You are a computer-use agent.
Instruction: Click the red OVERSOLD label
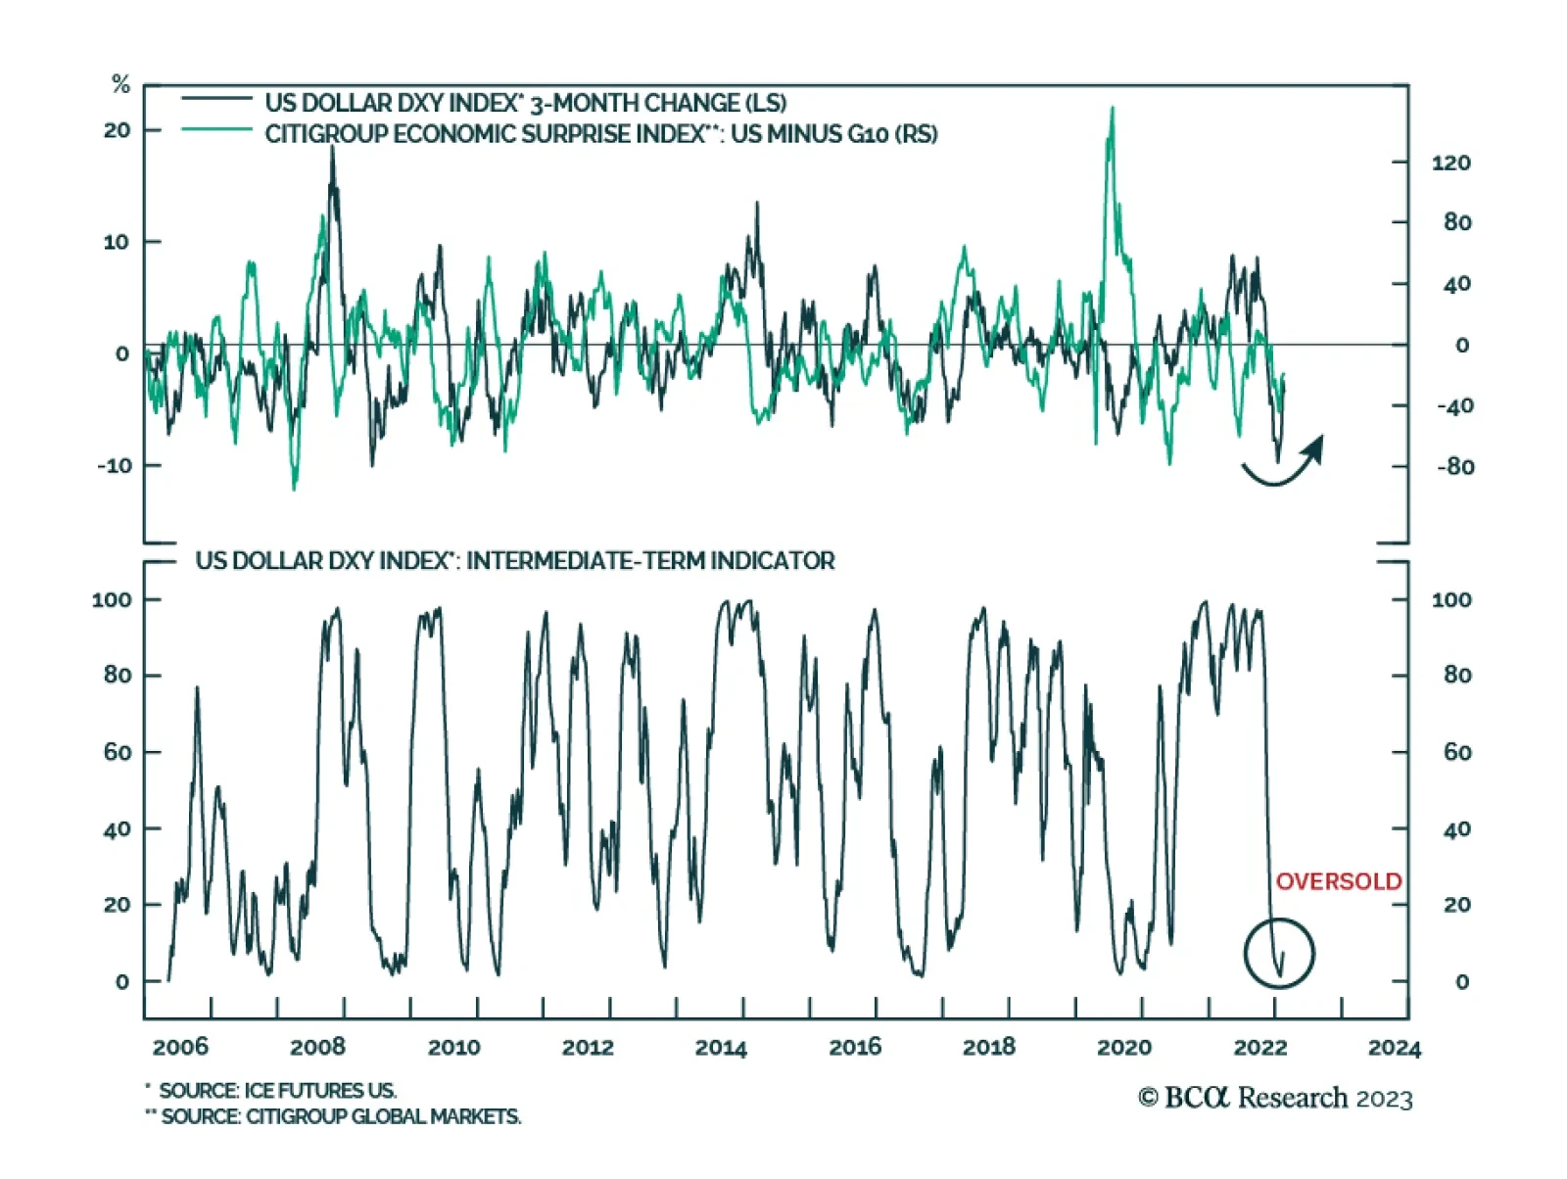click(x=1338, y=881)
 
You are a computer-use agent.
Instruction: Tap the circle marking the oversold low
click(x=1279, y=953)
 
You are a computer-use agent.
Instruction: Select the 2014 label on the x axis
click(x=721, y=1048)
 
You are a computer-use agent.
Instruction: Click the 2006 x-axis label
click(x=181, y=1048)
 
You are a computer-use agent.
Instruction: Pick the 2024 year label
click(x=1394, y=1048)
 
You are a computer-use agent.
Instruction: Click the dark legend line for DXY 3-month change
click(x=216, y=99)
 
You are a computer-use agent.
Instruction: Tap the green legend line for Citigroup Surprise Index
click(x=216, y=129)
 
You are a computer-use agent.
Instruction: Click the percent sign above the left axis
click(x=120, y=84)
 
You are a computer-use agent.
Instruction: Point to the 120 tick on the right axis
click(x=1450, y=163)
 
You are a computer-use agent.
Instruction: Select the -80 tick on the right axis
click(x=1454, y=467)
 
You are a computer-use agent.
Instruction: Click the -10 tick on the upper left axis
click(x=115, y=466)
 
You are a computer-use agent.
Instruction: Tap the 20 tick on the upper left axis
click(x=118, y=130)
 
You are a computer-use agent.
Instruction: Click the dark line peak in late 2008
click(x=332, y=149)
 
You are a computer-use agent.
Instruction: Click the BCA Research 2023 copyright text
click(x=1275, y=1098)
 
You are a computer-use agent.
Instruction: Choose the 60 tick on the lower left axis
click(x=118, y=752)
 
